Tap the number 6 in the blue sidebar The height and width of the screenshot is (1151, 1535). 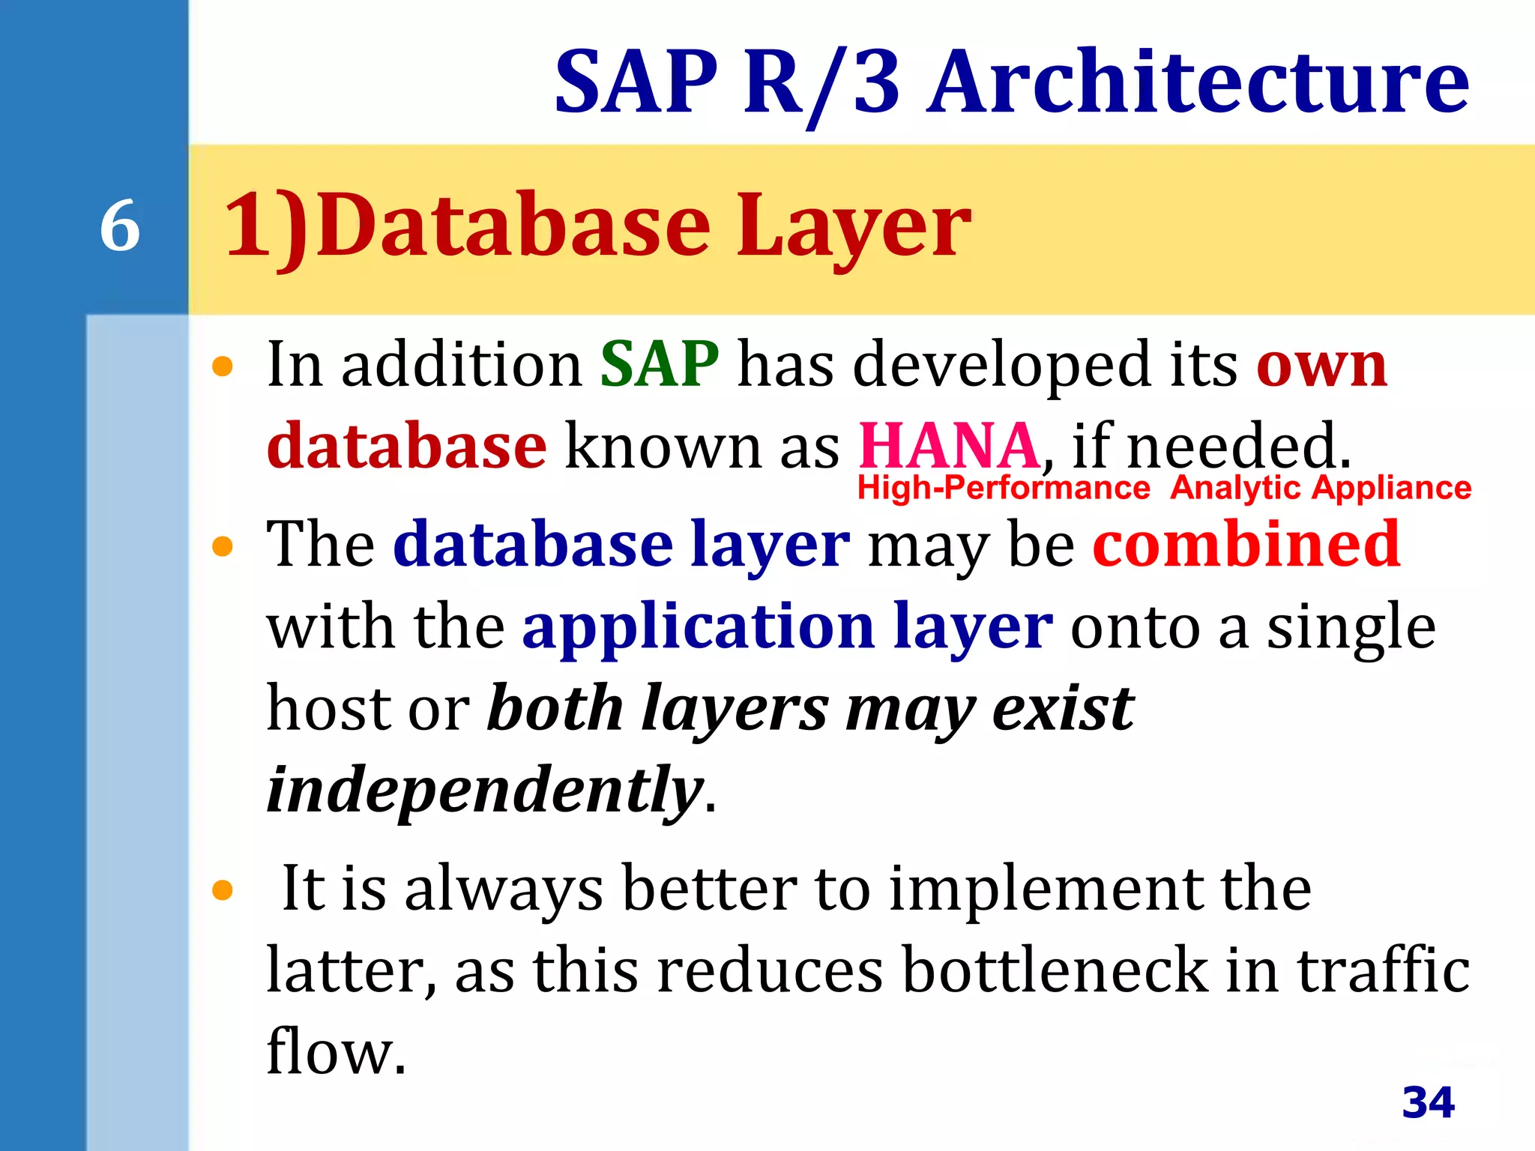[120, 226]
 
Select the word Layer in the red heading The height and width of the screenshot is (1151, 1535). [854, 226]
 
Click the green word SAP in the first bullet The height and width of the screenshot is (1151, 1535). [660, 365]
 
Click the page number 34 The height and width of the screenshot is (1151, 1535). [1428, 1102]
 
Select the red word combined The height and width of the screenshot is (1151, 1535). [1246, 544]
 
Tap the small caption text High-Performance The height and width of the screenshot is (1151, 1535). [1004, 488]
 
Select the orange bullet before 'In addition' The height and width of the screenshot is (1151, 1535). [223, 366]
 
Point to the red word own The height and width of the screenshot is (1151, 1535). [1321, 365]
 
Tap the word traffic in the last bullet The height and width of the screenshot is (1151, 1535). [1383, 970]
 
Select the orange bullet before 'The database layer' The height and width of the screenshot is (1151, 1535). [223, 546]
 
